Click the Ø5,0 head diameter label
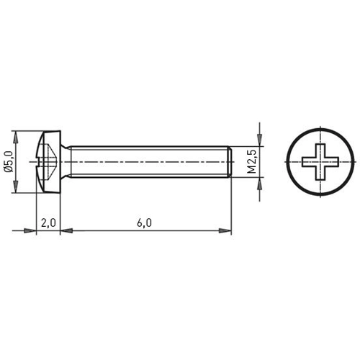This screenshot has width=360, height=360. tap(9, 162)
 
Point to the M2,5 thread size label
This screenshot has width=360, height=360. tap(253, 163)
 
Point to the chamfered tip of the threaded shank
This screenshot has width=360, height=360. tap(228, 162)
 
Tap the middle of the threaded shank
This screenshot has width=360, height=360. tap(148, 162)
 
